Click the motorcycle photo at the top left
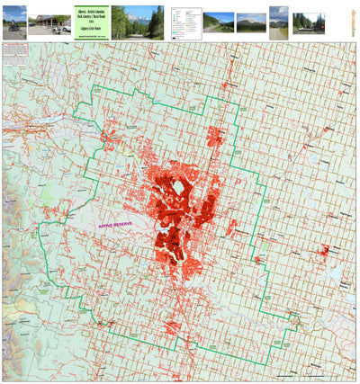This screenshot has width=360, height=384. (13, 22)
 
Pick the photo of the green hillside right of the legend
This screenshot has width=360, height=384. (218, 22)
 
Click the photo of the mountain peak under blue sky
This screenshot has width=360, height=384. (250, 22)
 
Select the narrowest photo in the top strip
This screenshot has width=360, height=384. (279, 22)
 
